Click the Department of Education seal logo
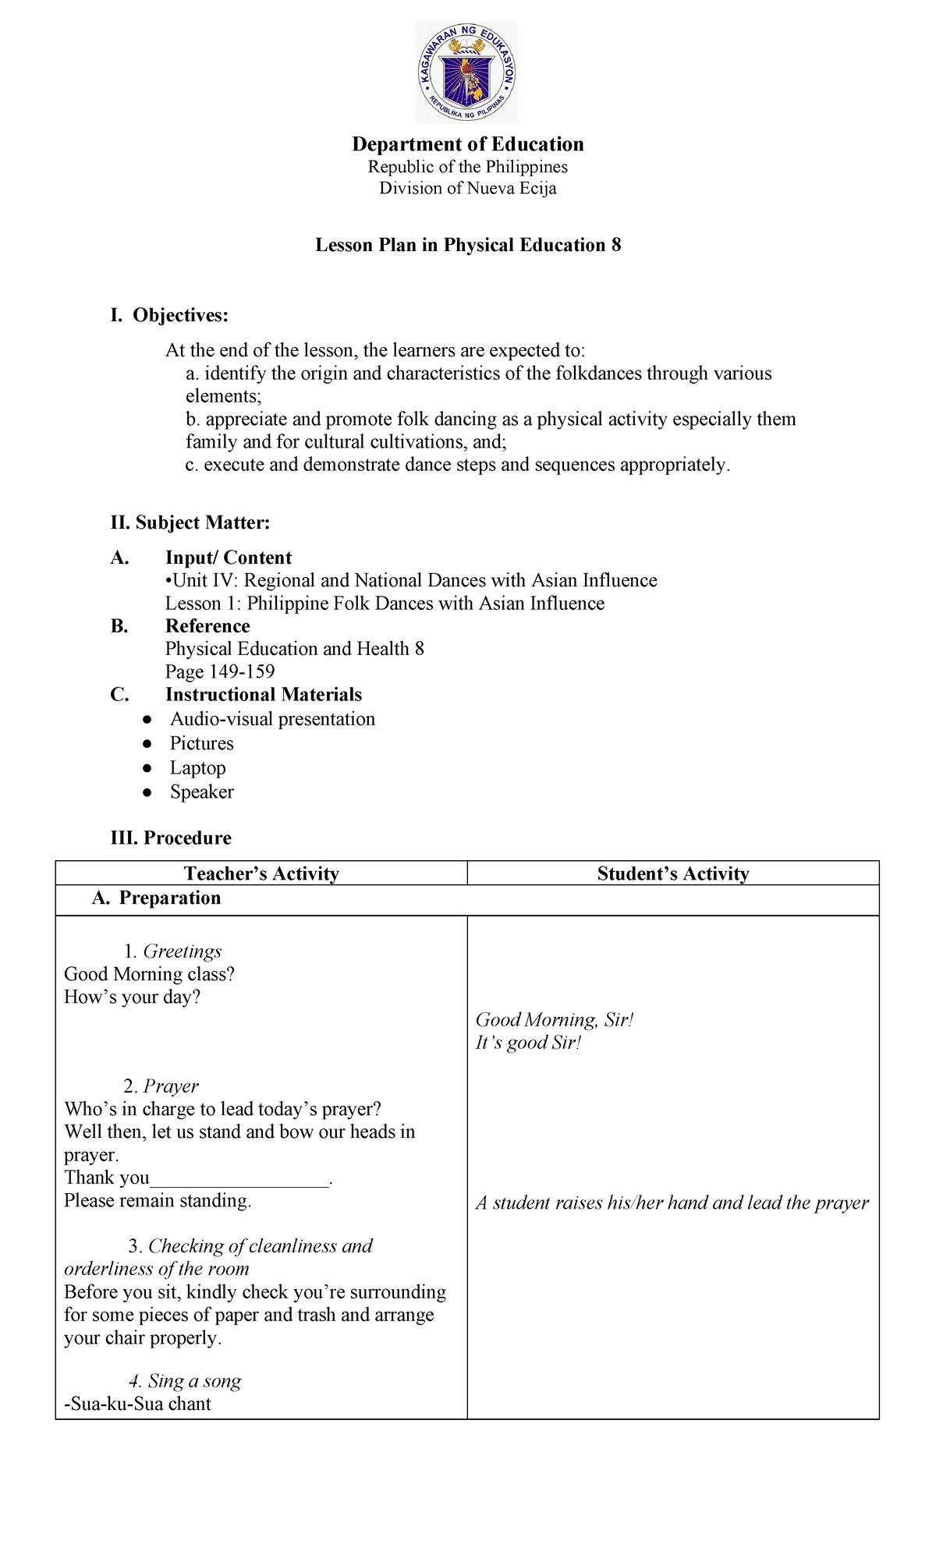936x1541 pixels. pyautogui.click(x=466, y=73)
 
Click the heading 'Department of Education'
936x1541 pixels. pyautogui.click(x=468, y=144)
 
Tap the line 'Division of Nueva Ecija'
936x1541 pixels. pyautogui.click(x=468, y=188)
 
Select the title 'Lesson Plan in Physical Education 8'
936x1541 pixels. pyautogui.click(x=468, y=245)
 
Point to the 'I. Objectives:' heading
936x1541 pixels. pyautogui.click(x=169, y=315)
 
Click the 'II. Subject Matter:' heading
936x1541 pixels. pyautogui.click(x=190, y=523)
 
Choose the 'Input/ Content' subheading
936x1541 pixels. pyautogui.click(x=228, y=558)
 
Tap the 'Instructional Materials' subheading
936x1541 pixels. pyautogui.click(x=264, y=694)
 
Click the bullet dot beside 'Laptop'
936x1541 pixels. pyautogui.click(x=147, y=768)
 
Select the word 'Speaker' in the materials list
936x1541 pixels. pyautogui.click(x=202, y=792)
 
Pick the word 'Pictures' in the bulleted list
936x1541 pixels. pyautogui.click(x=202, y=743)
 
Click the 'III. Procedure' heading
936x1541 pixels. pyautogui.click(x=171, y=838)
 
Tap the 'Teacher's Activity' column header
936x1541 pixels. pyautogui.click(x=261, y=873)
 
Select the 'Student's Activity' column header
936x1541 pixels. pyautogui.click(x=673, y=873)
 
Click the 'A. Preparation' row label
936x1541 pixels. pyautogui.click(x=156, y=898)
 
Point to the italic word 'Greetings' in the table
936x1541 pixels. pyautogui.click(x=183, y=951)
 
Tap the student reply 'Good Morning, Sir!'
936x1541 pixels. pyautogui.click(x=555, y=1020)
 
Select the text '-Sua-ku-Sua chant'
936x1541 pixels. pyautogui.click(x=137, y=1404)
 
